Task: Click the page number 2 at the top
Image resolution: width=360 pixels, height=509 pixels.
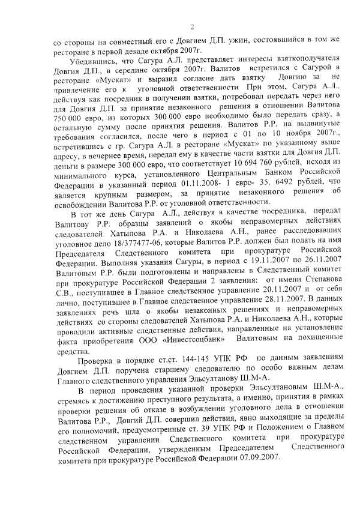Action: pyautogui.click(x=192, y=26)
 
